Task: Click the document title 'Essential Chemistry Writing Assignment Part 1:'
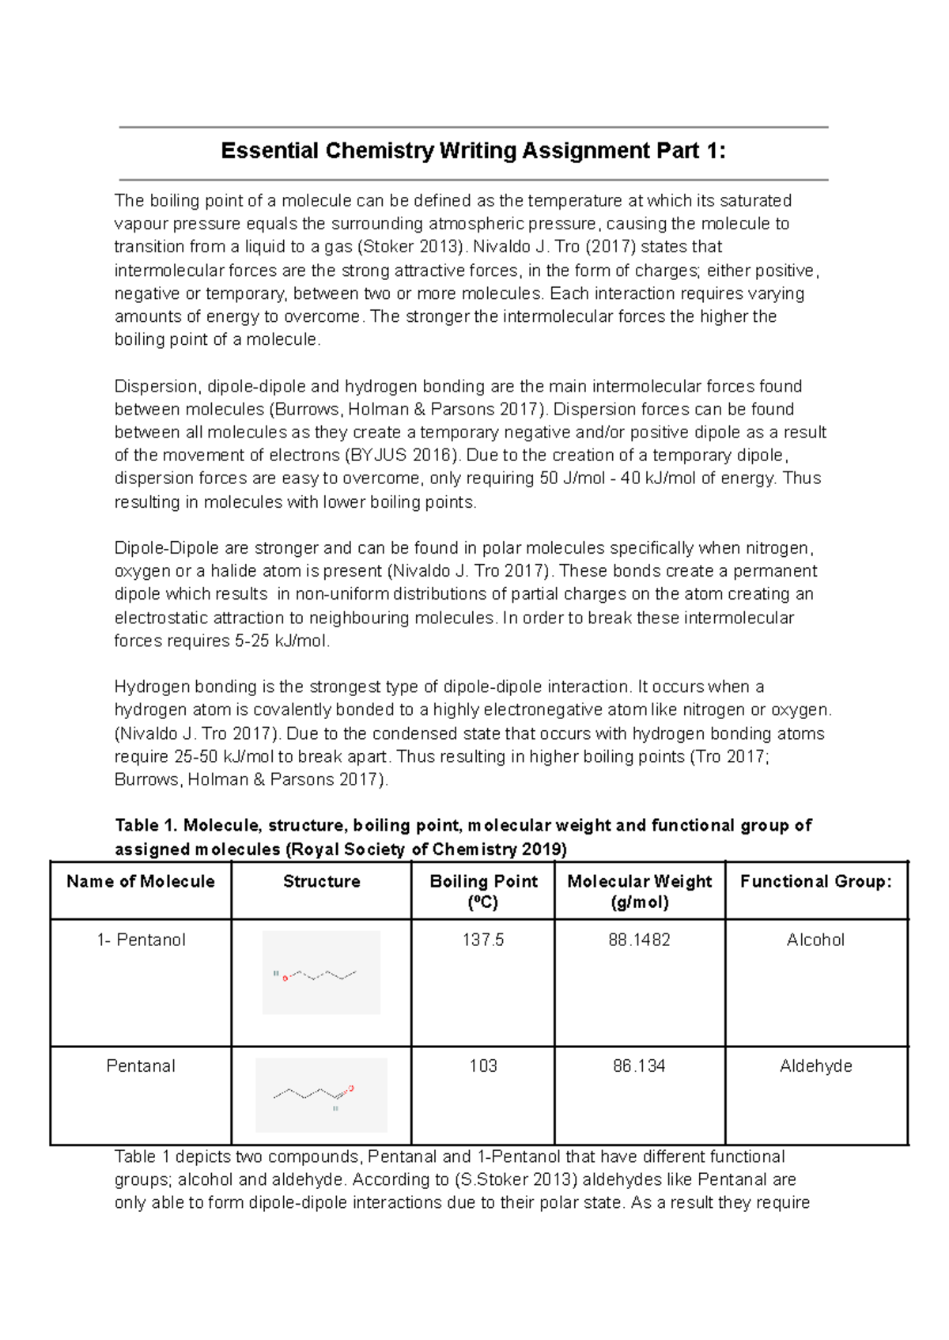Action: [x=473, y=150]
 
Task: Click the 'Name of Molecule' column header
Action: [x=141, y=881]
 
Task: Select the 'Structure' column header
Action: [x=321, y=881]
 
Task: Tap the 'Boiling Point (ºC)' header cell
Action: [x=483, y=891]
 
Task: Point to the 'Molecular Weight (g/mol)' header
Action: [x=639, y=891]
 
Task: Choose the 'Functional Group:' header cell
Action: [x=815, y=881]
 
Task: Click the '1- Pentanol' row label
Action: [x=141, y=940]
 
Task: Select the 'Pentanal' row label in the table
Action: [x=141, y=1066]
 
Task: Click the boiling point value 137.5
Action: [x=483, y=940]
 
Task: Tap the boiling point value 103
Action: [x=483, y=1066]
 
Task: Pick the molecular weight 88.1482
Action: [x=639, y=940]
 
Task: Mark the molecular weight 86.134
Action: [x=639, y=1066]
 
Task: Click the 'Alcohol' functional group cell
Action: [x=815, y=940]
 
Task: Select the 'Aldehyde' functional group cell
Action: [x=815, y=1066]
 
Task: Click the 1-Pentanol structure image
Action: [x=321, y=973]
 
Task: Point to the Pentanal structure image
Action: [x=321, y=1095]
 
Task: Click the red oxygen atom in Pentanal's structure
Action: [x=351, y=1088]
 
